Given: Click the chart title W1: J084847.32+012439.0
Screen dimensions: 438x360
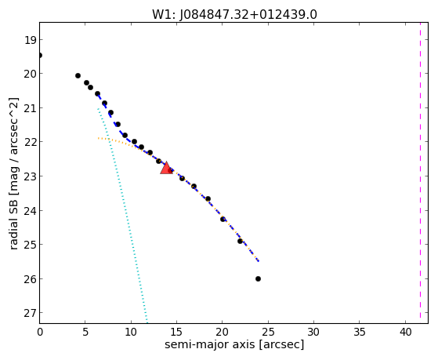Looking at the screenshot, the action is tap(234, 15).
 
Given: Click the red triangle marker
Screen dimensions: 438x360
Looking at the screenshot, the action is tap(166, 168).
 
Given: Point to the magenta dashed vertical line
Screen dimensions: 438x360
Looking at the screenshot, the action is tap(420, 170).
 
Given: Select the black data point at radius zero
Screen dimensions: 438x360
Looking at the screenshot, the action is tap(40, 56).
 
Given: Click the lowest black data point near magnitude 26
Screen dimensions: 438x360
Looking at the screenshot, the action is tap(258, 279).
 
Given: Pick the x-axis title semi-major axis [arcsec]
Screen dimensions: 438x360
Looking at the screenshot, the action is tap(234, 344).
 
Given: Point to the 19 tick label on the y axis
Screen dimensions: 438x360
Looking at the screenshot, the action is tap(31, 40).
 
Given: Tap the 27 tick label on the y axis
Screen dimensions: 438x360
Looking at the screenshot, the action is tap(31, 313).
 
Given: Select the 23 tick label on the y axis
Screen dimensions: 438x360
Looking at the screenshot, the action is tap(31, 176).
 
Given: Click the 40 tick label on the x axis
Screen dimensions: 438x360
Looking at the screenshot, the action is tap(405, 333).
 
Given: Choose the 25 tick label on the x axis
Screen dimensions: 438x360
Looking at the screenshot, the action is tap(268, 333).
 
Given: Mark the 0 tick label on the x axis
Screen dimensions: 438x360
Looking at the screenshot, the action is tap(40, 333).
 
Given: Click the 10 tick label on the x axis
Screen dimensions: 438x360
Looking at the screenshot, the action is tap(131, 333).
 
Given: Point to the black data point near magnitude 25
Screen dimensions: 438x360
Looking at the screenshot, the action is tap(240, 241).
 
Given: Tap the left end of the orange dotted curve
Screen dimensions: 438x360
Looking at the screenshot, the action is tap(98, 138).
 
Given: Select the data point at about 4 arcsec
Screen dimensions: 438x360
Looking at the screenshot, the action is tap(78, 76).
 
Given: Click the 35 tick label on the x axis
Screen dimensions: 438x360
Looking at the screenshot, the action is tap(360, 333).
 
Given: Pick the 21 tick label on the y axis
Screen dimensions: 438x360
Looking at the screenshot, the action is tap(31, 108).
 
